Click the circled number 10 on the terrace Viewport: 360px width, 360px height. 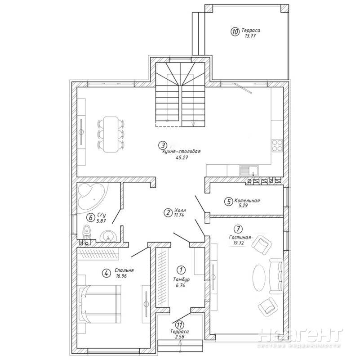(x=235, y=31)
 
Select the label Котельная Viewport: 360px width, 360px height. (x=247, y=200)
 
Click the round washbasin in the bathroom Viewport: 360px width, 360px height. (x=108, y=237)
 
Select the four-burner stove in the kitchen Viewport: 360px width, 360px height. (x=277, y=145)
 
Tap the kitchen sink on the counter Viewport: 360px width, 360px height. (x=249, y=171)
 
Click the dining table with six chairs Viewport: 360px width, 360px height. (x=111, y=134)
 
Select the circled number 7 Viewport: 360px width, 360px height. (x=238, y=229)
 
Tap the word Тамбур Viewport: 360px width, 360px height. (x=181, y=280)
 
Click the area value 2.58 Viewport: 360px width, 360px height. (x=180, y=337)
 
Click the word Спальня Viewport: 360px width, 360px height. (x=124, y=270)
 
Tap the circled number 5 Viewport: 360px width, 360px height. (x=228, y=202)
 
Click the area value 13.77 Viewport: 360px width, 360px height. (x=250, y=36)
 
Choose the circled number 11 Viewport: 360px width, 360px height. (x=179, y=325)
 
